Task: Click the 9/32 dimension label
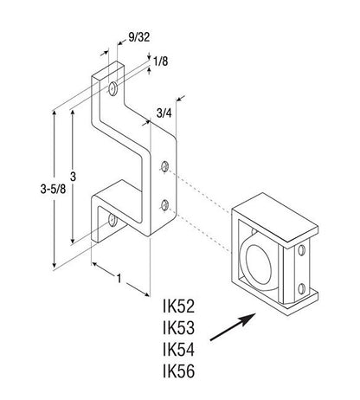(139, 37)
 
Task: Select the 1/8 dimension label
(160, 61)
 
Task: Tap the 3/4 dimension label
(164, 113)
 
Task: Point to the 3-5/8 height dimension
(53, 190)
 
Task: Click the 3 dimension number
(73, 177)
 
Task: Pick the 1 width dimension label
(119, 279)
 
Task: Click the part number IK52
(178, 306)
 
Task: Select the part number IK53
(178, 328)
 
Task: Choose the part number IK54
(178, 350)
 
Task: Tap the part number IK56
(178, 371)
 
